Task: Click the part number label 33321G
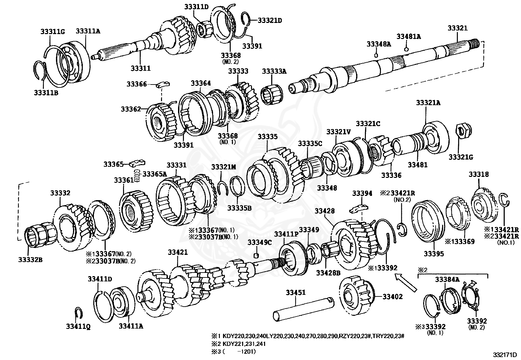(461, 157)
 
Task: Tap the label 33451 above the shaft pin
(296, 293)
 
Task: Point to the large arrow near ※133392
(406, 283)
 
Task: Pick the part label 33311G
(53, 31)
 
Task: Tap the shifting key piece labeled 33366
(162, 85)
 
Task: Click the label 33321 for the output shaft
(458, 28)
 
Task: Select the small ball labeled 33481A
(406, 49)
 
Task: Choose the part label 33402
(393, 297)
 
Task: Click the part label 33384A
(447, 279)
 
